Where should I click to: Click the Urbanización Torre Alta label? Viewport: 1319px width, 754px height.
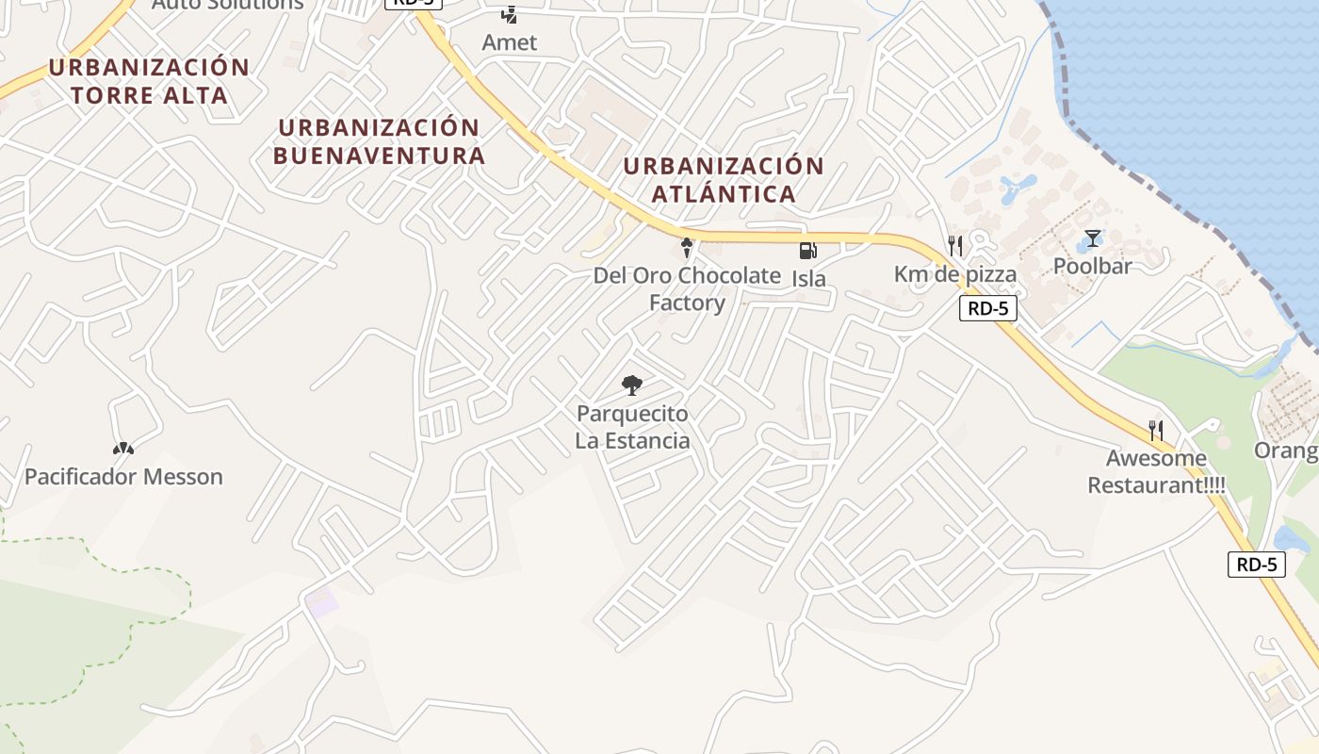point(149,81)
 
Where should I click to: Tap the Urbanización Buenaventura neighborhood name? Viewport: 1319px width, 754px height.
point(379,141)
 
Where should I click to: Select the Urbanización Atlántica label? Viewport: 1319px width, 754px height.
point(723,180)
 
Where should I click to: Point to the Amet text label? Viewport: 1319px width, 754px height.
point(509,42)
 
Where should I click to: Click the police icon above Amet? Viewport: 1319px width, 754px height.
point(509,14)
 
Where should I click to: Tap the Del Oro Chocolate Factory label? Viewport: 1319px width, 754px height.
point(687,289)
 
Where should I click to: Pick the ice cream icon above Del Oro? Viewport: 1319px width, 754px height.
point(687,248)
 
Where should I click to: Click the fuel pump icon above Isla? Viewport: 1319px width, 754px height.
point(807,250)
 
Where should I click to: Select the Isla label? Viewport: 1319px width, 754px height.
point(808,278)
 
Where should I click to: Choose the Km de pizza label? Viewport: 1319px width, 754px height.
point(954,274)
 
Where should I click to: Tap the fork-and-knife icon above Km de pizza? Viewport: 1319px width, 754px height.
point(955,246)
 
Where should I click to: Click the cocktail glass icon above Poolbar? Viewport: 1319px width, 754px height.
point(1092,238)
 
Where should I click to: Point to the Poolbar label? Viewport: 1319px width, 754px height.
point(1092,266)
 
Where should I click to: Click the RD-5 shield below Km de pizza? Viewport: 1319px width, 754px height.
point(988,308)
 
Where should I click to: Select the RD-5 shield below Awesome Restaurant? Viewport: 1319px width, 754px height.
point(1257,565)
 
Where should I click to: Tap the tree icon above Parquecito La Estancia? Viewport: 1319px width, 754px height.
point(632,385)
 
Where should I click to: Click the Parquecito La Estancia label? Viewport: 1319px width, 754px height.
point(632,427)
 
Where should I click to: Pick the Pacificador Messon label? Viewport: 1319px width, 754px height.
point(123,477)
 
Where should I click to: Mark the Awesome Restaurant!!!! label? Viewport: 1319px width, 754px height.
point(1156,472)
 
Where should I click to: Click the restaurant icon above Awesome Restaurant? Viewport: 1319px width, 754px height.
point(1156,431)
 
